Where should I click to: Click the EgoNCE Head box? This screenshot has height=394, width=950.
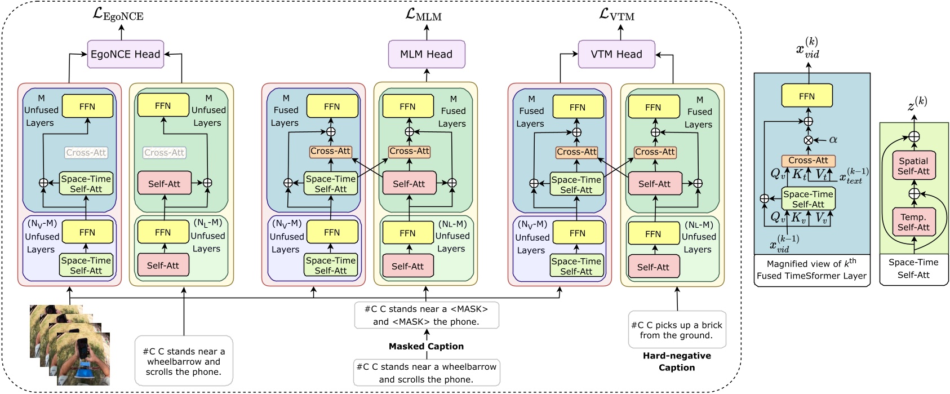125,54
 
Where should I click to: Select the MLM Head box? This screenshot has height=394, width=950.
426,54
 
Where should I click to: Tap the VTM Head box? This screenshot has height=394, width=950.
616,54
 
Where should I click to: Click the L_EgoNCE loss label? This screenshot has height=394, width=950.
118,15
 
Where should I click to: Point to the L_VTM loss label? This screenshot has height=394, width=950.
617,15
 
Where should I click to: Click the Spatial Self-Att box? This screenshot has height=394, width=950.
913,166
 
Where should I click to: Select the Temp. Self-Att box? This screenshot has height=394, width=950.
913,222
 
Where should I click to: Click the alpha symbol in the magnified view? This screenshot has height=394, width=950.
833,140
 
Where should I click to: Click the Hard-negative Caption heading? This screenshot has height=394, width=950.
677,361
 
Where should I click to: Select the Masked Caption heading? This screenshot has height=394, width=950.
426,346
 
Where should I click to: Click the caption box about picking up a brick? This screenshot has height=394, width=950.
677,330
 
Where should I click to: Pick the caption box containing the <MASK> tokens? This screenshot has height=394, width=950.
426,315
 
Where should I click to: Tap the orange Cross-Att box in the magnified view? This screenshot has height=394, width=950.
808,161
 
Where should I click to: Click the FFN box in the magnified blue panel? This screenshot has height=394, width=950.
806,96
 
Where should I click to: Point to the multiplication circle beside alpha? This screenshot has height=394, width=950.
808,140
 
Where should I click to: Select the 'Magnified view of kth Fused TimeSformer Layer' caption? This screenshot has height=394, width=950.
811,270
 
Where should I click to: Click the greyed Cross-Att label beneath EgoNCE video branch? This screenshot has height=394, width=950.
86,152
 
